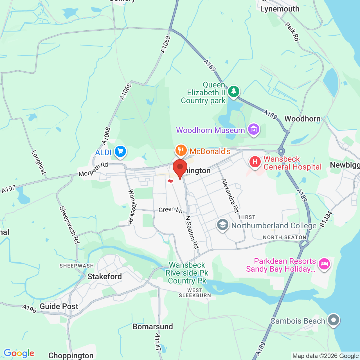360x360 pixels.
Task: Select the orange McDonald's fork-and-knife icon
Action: [181, 150]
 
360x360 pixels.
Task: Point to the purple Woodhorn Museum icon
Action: [254, 130]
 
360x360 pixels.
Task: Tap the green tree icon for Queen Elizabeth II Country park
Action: [233, 91]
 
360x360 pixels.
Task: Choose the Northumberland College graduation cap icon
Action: [222, 225]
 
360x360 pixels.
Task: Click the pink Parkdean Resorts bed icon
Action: [324, 264]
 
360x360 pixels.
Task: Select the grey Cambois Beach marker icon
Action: [334, 320]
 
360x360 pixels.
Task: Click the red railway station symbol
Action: [170, 181]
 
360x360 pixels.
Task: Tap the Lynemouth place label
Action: [280, 9]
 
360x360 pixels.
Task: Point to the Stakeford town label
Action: [105, 276]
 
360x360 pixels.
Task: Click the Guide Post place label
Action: [59, 306]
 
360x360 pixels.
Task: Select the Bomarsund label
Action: [153, 327]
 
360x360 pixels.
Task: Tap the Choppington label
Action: [71, 355]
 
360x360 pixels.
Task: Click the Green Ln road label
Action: [170, 210]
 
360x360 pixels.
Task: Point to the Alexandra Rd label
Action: [230, 196]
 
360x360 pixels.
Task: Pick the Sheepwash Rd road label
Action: [69, 225]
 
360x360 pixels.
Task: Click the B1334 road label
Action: [326, 219]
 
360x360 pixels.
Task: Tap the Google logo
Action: [19, 353]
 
